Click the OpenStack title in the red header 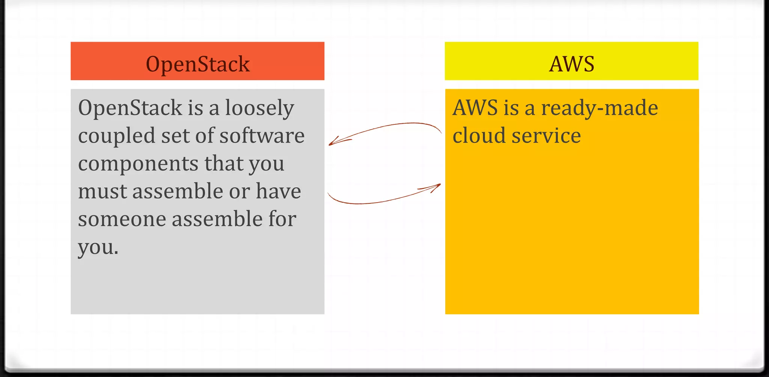198,64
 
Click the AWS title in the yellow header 571,64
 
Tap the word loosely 259,108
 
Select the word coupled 116,136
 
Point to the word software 262,136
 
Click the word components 138,164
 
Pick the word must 102,191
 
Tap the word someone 122,219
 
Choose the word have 278,191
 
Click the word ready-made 599,108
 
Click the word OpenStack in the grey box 130,108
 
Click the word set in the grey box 175,136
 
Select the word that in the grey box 223,164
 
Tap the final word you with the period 98,248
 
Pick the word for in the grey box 282,219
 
